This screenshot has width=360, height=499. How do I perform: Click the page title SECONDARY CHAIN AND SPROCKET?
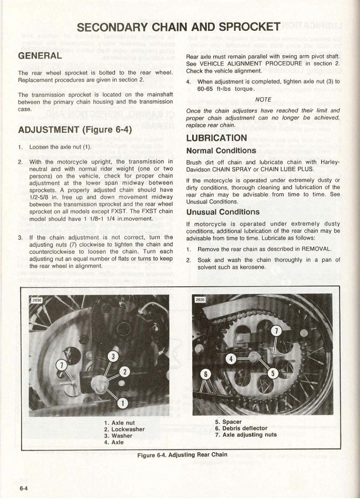point(179,27)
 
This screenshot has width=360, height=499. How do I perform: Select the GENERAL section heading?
point(40,56)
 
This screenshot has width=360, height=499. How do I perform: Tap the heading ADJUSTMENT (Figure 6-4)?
point(74,130)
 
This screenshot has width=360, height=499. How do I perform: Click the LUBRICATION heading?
point(216,138)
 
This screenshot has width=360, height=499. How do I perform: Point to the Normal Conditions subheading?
point(221,151)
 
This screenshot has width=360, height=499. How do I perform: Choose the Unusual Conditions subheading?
point(222,212)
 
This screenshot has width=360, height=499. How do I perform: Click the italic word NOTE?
point(263,99)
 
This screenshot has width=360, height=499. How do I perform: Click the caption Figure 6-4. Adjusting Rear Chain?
point(182,455)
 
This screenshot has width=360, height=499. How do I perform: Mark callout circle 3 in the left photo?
point(113,356)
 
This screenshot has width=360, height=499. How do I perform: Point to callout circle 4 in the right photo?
point(231,358)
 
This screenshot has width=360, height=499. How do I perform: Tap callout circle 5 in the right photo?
point(273,372)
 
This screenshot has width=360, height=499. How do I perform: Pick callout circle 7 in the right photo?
point(276,332)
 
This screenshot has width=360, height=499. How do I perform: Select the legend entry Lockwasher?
point(124,429)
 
